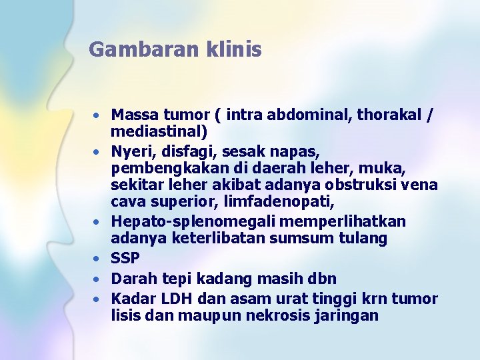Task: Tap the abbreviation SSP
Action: [125, 258]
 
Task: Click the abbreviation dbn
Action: [323, 278]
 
